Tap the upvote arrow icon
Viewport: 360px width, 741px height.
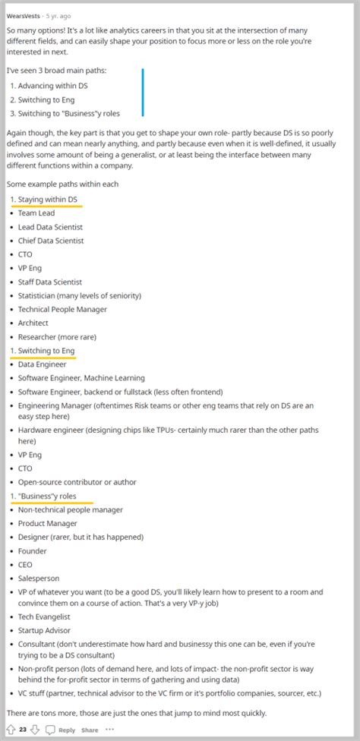tap(10, 730)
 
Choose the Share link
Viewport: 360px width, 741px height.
tap(90, 730)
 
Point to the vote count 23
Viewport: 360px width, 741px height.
tap(24, 730)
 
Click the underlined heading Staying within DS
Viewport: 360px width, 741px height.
tap(47, 200)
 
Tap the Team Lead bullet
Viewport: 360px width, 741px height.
tap(36, 213)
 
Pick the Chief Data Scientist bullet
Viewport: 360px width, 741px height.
tap(51, 241)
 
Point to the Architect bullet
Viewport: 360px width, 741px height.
tap(33, 323)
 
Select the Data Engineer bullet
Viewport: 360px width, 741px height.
tap(42, 364)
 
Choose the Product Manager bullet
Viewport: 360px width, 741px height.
tap(47, 523)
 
